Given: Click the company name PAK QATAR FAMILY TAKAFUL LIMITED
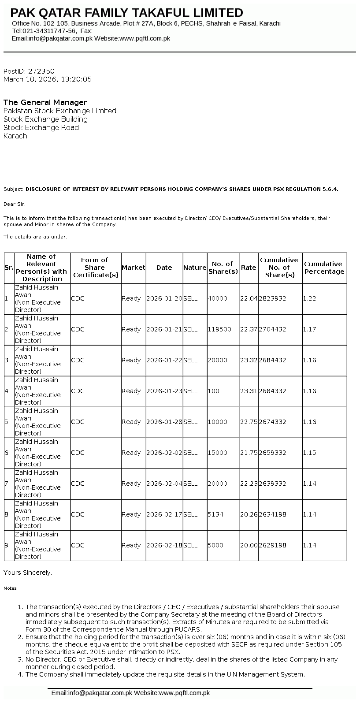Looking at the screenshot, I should [x=126, y=13].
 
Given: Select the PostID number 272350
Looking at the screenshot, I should [x=41, y=71].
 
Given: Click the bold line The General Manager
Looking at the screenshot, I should [x=45, y=102].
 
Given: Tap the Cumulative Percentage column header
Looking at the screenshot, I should [x=324, y=268].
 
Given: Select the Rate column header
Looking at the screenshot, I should [x=249, y=268].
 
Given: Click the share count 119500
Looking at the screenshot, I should [x=219, y=329].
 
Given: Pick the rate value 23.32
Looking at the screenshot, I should [x=249, y=360].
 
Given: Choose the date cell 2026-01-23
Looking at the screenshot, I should [x=164, y=391].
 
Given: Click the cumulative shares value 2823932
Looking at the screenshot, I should [x=272, y=298].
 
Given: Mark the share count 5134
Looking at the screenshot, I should [x=216, y=514].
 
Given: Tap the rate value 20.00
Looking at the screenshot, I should [x=249, y=545].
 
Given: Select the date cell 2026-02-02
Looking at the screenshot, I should [x=164, y=453].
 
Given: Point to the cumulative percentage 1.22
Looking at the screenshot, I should [x=310, y=298].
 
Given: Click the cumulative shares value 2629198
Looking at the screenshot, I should [x=272, y=545].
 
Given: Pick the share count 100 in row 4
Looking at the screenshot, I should [x=214, y=391].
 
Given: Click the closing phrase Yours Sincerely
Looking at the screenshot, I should [x=28, y=573].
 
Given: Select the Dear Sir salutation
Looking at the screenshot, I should [x=15, y=204].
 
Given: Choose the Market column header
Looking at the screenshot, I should [x=133, y=268].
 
